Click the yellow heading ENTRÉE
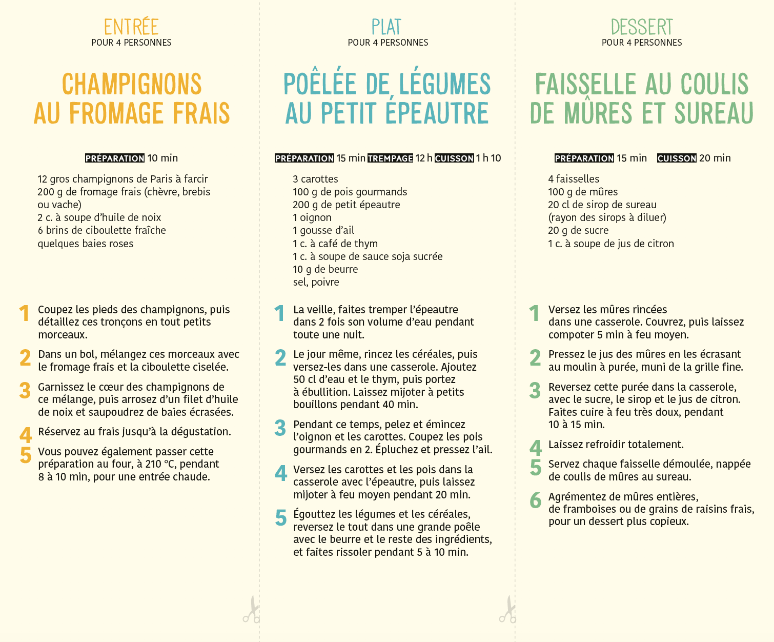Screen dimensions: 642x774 coord(131,27)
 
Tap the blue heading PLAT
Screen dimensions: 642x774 coord(386,27)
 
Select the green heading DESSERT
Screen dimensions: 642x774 coord(642,27)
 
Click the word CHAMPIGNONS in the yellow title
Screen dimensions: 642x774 coord(132,85)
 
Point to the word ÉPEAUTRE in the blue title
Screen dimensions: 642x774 coord(437,113)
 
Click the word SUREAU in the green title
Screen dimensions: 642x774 coord(714,113)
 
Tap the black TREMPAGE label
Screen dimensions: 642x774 coord(391,158)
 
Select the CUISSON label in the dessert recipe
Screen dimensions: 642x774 coord(677,158)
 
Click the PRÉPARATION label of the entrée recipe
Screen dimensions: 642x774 coord(115,158)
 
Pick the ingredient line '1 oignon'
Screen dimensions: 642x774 coord(312,217)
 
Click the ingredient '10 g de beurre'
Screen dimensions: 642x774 coord(325,269)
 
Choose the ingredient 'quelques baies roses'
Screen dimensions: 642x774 coord(86,244)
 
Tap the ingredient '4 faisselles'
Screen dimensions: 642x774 coord(574,179)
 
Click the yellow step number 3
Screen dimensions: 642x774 coord(25,391)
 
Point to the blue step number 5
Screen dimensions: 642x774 coord(280,518)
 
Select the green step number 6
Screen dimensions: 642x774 coord(535,500)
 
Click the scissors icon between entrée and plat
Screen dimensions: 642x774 coord(251,610)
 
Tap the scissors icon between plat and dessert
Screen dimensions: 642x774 coord(507,610)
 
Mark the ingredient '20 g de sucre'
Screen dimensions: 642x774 coord(578,230)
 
